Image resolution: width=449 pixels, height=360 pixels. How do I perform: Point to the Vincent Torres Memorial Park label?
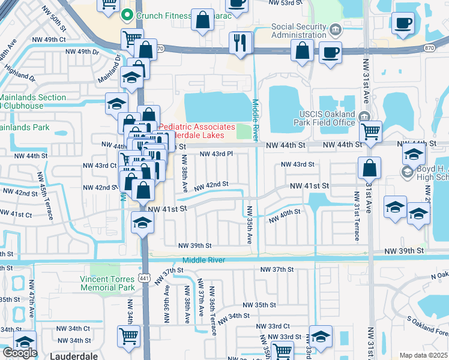tap(107, 283)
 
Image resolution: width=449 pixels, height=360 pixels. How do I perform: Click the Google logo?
tap(19, 353)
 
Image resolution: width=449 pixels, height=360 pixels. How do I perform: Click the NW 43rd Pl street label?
tap(215, 154)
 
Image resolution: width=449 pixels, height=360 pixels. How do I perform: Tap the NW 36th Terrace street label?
tap(212, 307)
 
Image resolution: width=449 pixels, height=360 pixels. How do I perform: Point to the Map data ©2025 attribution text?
tap(424, 356)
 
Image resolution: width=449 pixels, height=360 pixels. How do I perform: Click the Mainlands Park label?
tap(25, 127)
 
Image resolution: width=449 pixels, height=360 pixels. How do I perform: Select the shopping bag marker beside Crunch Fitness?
tap(203, 19)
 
